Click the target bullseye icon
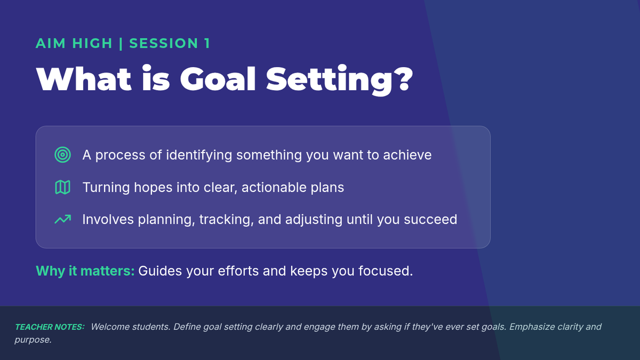(62, 155)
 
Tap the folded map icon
(62, 187)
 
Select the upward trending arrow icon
(62, 219)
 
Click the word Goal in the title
(218, 79)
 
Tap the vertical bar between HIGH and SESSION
(121, 43)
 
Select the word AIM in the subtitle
(51, 43)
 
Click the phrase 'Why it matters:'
(85, 271)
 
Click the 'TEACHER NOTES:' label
(50, 327)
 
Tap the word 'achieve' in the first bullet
(407, 155)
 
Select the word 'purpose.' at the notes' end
(33, 340)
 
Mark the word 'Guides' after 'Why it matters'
(160, 271)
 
